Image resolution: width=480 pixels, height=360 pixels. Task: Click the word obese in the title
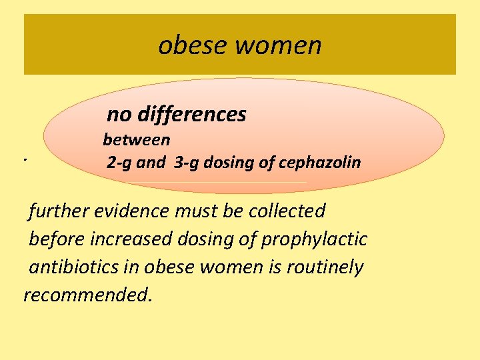coord(188,45)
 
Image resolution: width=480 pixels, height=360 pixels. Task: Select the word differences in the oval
coord(192,115)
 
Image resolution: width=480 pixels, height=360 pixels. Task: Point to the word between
coord(137,140)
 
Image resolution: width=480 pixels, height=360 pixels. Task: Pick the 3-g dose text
coord(186,162)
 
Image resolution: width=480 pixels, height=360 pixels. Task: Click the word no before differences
coord(119,115)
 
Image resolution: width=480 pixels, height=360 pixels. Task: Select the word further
coord(58,211)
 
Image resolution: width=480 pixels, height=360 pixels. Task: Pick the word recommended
coord(88,295)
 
